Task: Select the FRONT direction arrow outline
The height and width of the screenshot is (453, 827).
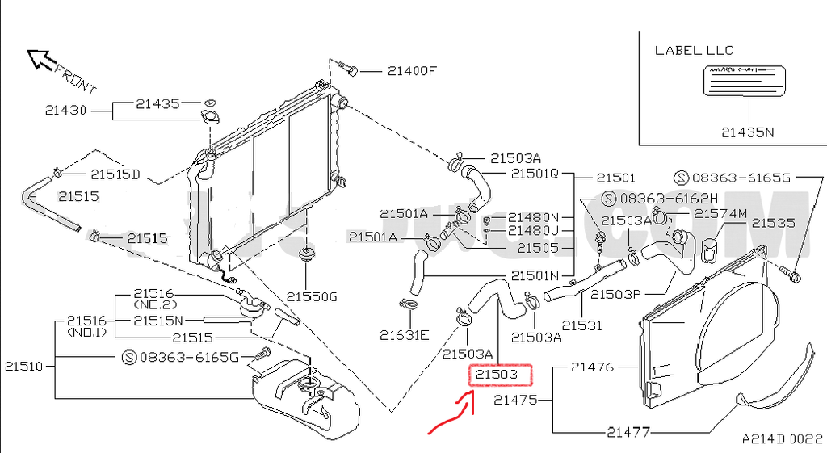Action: pyautogui.click(x=39, y=58)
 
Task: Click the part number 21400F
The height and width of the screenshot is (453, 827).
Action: pyautogui.click(x=411, y=71)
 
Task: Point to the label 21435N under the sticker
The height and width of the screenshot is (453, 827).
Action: pyautogui.click(x=747, y=132)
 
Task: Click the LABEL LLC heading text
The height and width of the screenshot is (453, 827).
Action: pyautogui.click(x=692, y=50)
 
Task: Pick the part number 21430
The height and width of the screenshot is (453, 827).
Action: pyautogui.click(x=65, y=111)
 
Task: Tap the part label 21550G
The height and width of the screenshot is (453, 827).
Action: pyautogui.click(x=310, y=296)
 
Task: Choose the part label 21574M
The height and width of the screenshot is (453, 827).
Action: pyautogui.click(x=720, y=213)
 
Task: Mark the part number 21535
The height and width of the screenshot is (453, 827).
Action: pyautogui.click(x=774, y=223)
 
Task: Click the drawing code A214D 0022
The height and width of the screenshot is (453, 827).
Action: pyautogui.click(x=782, y=439)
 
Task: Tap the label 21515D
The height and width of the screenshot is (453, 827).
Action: pyautogui.click(x=115, y=174)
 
